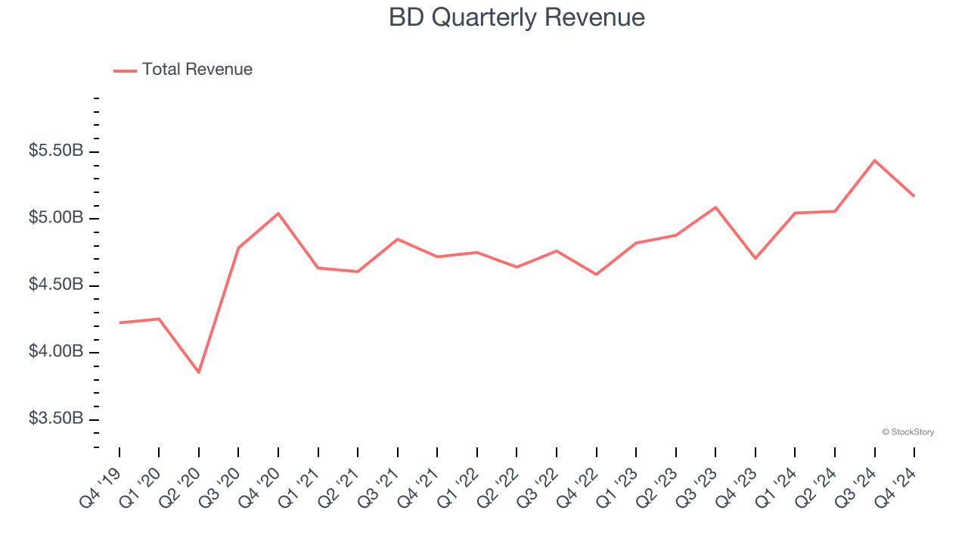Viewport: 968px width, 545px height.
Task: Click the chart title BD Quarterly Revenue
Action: pos(517,17)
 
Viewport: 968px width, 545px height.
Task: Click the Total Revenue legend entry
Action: pos(183,70)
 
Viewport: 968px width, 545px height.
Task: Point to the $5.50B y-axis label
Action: pos(56,151)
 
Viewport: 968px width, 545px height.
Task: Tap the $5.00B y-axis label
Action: pos(56,218)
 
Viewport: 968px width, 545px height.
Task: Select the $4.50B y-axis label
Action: pos(56,285)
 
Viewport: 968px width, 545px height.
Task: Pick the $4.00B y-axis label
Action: pos(56,352)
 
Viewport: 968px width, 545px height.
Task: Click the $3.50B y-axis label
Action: pos(56,419)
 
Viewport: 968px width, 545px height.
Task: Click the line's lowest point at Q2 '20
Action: pos(199,372)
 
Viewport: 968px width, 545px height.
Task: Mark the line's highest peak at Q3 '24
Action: pos(874,160)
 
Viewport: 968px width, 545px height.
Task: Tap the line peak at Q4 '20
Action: pos(278,213)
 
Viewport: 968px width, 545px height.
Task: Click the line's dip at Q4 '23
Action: pos(755,258)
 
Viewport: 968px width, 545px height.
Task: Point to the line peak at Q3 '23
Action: pos(715,207)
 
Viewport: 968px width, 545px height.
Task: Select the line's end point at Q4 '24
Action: pos(914,196)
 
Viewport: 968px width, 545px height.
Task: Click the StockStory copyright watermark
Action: pos(907,432)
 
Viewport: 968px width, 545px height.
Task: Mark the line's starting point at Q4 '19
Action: pos(119,322)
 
